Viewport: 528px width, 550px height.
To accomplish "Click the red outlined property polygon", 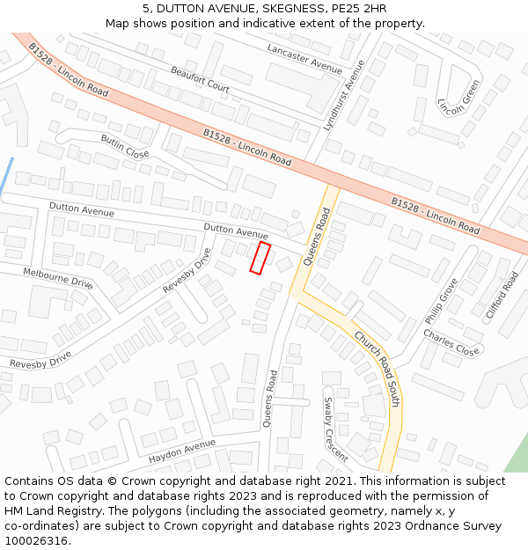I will [260, 259].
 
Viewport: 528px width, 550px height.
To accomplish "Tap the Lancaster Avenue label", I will [304, 59].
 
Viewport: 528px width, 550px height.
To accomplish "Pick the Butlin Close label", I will [125, 146].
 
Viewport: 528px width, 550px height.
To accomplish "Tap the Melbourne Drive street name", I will [58, 278].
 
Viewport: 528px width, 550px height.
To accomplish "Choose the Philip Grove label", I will [441, 301].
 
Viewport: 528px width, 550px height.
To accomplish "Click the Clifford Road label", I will [502, 295].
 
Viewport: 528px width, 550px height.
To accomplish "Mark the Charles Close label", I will [451, 342].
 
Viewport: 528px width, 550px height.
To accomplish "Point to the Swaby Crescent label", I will [335, 429].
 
